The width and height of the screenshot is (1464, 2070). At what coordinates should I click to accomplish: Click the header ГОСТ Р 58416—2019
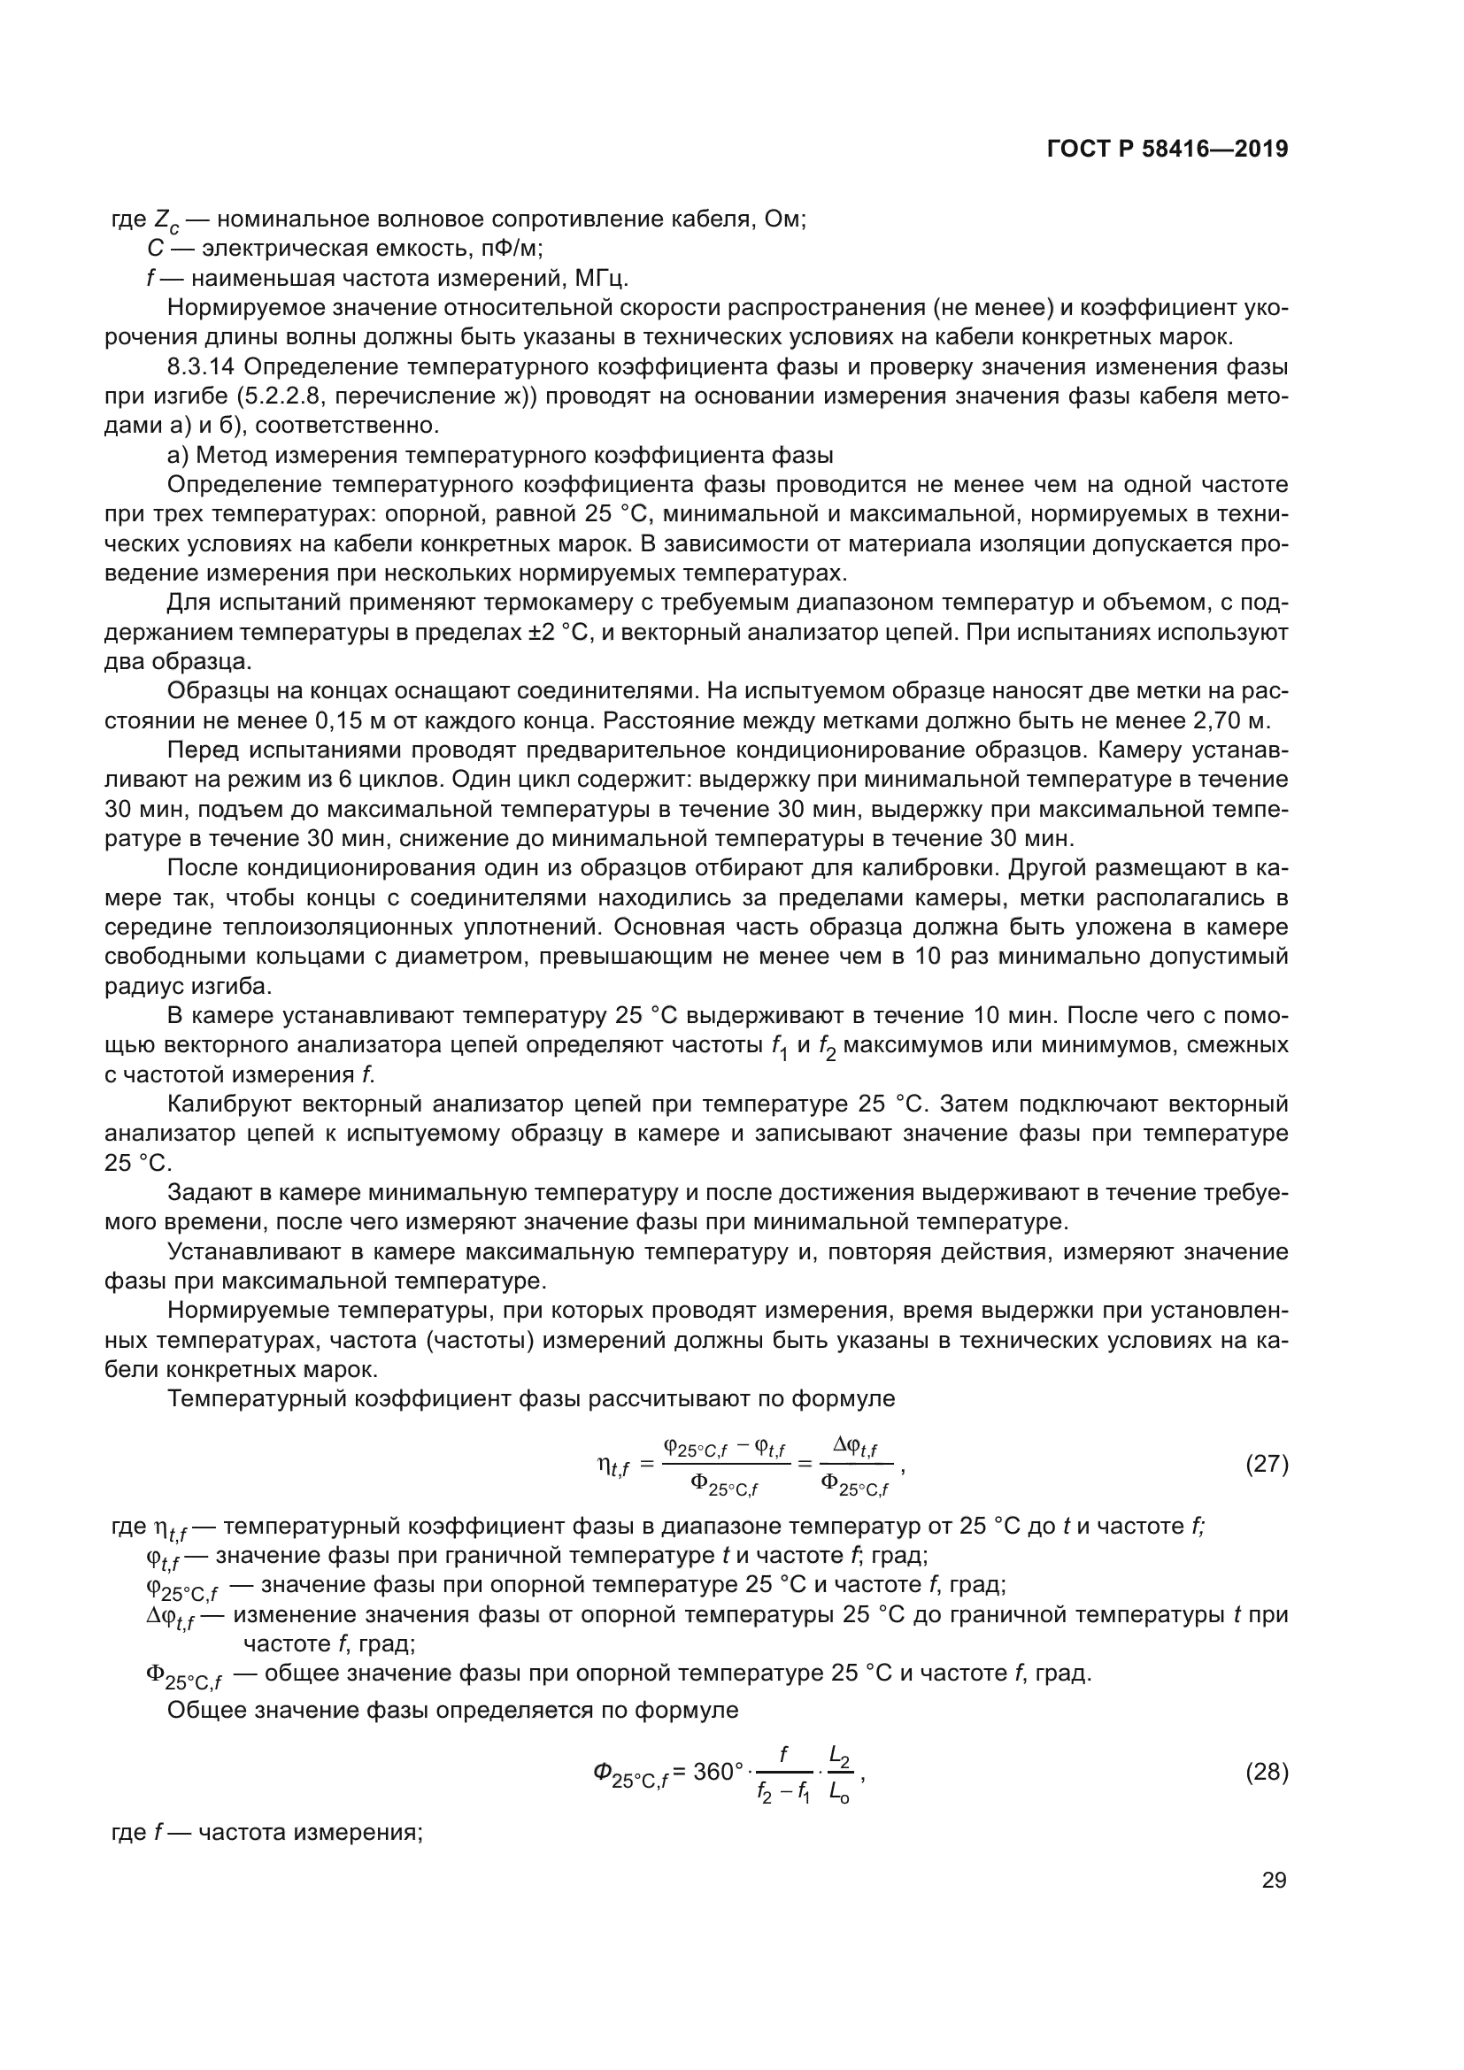tap(1167, 150)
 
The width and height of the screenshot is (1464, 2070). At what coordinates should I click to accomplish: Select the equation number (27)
tap(1267, 1464)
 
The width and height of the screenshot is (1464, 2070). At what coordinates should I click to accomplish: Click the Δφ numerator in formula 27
tap(855, 1446)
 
